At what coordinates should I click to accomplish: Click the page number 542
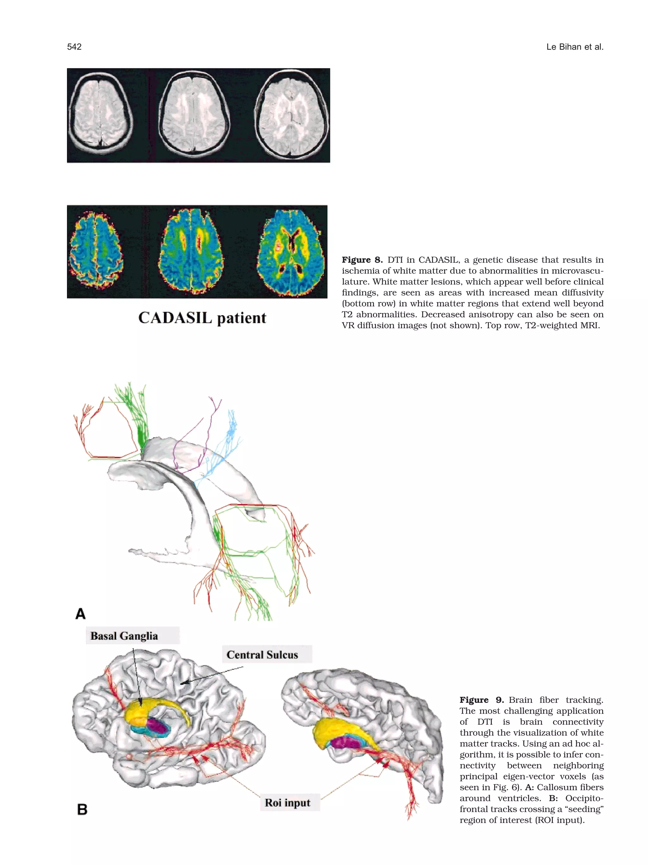[74, 47]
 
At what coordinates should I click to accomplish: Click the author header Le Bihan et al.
[575, 47]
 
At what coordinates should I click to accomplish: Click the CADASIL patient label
[202, 318]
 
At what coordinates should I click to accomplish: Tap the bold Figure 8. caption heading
[362, 260]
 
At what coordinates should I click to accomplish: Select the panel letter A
[80, 614]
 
